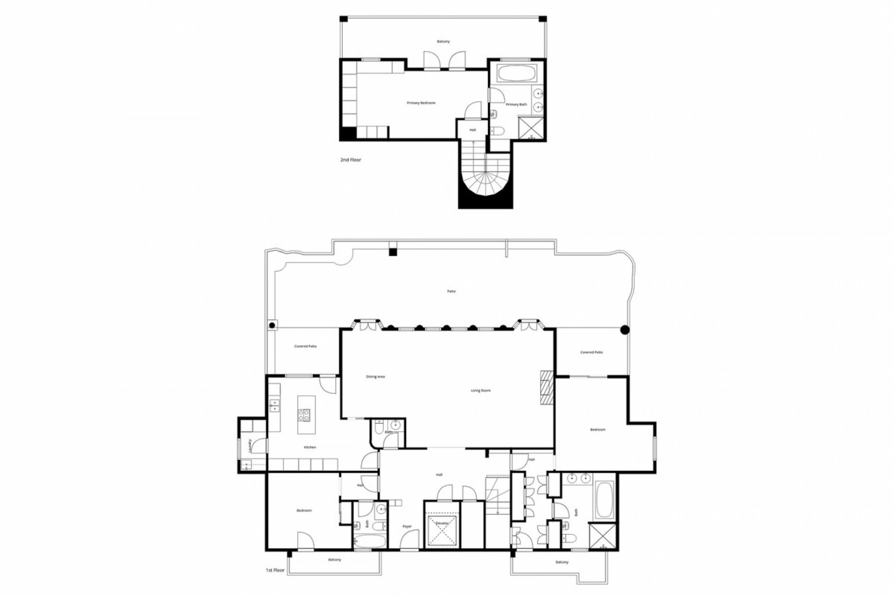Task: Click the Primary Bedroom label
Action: (421, 103)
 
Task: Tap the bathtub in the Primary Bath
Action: (516, 74)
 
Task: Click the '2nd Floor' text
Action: (351, 160)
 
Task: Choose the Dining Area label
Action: (375, 377)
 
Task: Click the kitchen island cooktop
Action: (304, 415)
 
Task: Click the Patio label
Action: (451, 291)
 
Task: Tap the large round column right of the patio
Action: (625, 330)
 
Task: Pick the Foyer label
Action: (407, 527)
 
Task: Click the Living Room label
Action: (481, 391)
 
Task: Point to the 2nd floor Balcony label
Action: (443, 42)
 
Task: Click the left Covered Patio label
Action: (305, 346)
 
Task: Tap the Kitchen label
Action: (310, 447)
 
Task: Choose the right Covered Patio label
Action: (591, 352)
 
